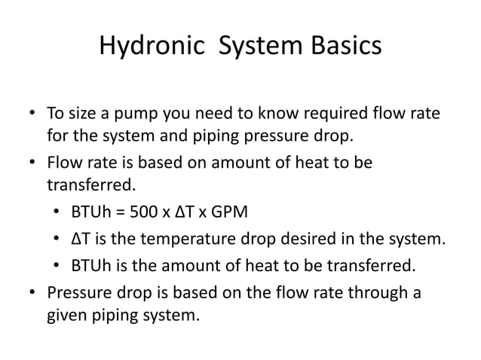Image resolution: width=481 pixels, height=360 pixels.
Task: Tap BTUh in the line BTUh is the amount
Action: [x=90, y=265]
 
